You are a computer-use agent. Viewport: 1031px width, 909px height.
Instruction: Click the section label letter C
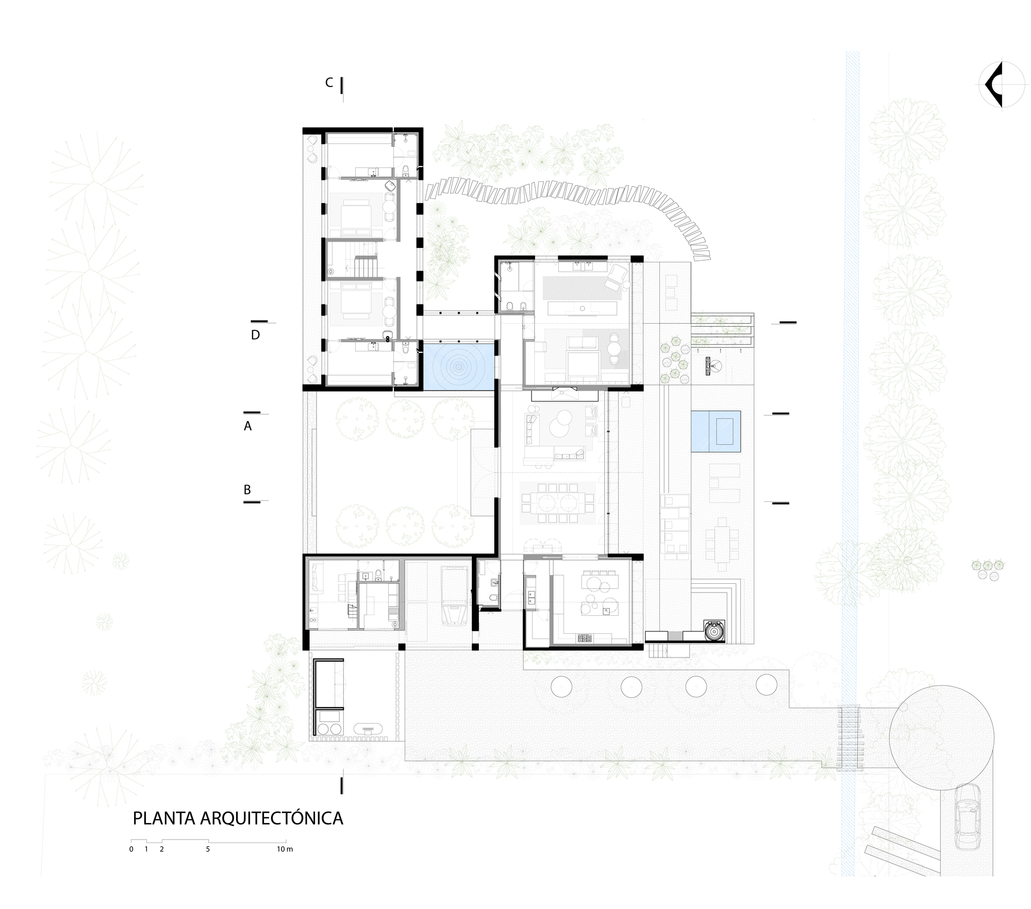tap(329, 83)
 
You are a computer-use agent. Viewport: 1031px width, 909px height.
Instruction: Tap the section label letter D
tap(255, 335)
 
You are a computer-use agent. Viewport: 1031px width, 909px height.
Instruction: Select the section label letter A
tap(248, 426)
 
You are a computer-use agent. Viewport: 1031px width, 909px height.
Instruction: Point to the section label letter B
tap(247, 490)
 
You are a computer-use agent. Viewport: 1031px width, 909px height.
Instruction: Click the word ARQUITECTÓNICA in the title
tap(271, 818)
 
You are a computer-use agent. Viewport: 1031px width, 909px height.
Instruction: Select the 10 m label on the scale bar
tap(284, 849)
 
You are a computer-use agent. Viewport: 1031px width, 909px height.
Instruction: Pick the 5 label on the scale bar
tap(208, 849)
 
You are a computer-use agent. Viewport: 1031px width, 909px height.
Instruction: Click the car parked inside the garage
tap(455, 596)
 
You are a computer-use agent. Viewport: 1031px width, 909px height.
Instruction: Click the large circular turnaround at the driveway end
tap(941, 738)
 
